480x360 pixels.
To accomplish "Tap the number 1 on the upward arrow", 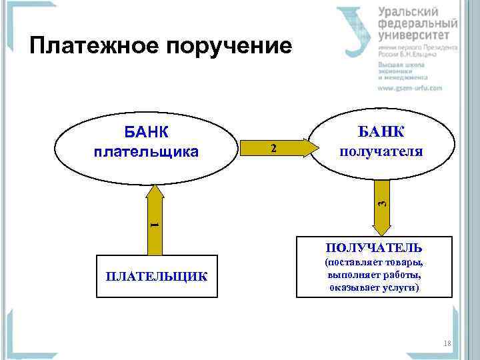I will [x=154, y=224].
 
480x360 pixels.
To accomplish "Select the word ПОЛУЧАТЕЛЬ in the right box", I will [x=373, y=247].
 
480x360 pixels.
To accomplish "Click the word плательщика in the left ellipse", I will [x=146, y=152].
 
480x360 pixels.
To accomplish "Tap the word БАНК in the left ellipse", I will [x=146, y=131].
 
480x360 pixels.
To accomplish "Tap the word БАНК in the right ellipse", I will [x=381, y=130].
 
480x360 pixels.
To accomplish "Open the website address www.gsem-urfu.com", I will [x=410, y=88].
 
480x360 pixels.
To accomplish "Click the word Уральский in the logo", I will [x=408, y=12].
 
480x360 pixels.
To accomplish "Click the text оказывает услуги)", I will [x=373, y=287].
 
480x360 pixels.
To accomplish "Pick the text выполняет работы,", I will [x=373, y=275].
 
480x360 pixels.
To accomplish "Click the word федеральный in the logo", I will [x=417, y=24].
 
